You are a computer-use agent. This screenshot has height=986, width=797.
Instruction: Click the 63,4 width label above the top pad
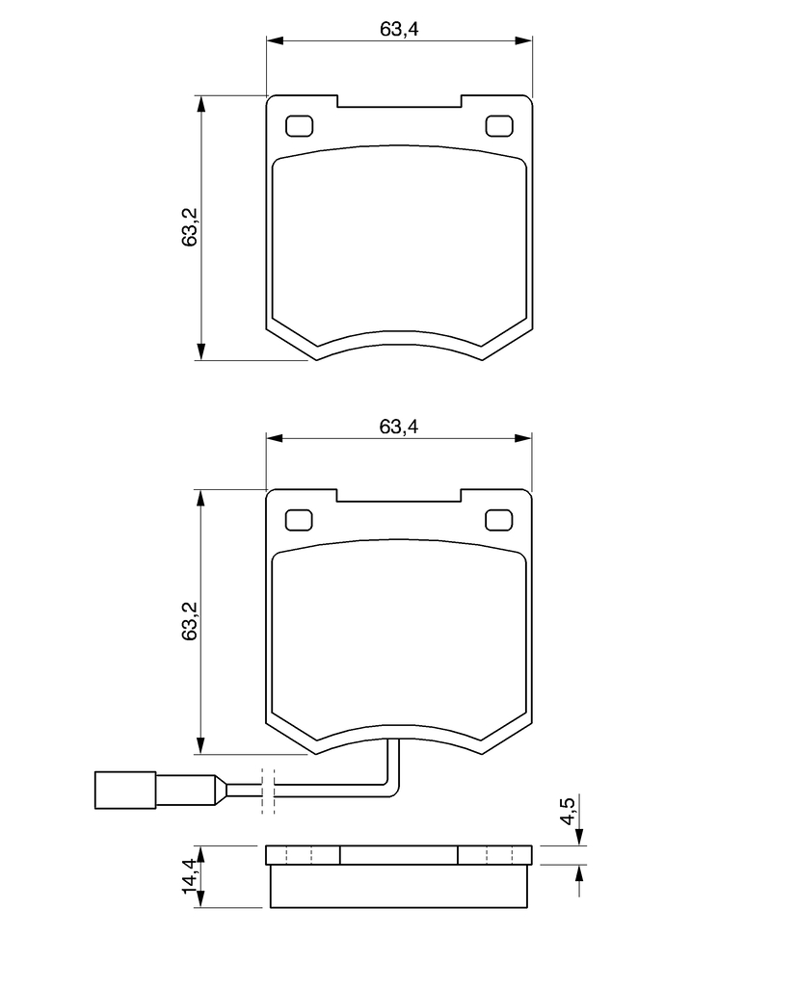[x=399, y=29]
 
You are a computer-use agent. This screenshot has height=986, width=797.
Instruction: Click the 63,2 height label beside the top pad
[x=190, y=227]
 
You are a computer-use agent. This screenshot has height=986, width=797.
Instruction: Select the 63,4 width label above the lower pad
[x=399, y=427]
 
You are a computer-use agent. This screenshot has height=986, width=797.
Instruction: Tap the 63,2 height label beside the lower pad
[x=190, y=621]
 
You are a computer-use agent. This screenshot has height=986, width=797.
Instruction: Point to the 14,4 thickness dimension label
[x=190, y=876]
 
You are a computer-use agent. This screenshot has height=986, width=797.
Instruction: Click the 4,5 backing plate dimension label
[x=568, y=811]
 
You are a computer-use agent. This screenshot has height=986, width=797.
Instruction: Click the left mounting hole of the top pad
[x=299, y=126]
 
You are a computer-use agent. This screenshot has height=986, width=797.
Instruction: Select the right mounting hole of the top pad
[x=499, y=126]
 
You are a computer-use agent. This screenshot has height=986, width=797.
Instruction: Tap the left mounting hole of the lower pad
[x=299, y=521]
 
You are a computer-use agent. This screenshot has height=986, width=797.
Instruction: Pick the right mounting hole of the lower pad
[x=499, y=521]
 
